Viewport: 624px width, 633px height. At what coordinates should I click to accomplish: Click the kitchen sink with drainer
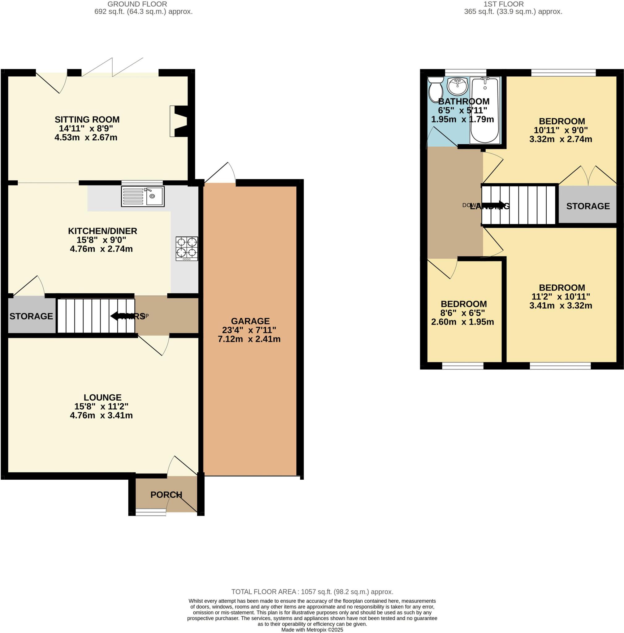pyautogui.click(x=143, y=196)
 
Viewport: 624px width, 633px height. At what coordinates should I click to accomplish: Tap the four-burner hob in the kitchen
pyautogui.click(x=187, y=249)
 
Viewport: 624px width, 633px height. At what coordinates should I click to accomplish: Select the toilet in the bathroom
pyautogui.click(x=435, y=89)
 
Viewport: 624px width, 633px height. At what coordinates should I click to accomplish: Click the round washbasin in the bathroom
pyautogui.click(x=458, y=86)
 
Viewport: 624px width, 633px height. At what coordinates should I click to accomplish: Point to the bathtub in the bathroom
pyautogui.click(x=485, y=110)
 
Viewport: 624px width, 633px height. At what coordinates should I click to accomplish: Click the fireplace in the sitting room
pyautogui.click(x=179, y=121)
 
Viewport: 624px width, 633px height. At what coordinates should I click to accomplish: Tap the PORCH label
pyautogui.click(x=166, y=495)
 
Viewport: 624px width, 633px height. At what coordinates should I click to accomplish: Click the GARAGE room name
pyautogui.click(x=250, y=321)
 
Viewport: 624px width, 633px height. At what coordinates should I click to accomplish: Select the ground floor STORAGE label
pyautogui.click(x=31, y=316)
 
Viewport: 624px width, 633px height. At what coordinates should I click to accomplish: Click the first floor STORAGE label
pyautogui.click(x=588, y=206)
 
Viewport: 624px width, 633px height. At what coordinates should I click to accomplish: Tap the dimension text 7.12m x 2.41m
pyautogui.click(x=249, y=339)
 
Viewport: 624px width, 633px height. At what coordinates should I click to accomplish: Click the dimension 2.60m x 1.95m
pyautogui.click(x=463, y=321)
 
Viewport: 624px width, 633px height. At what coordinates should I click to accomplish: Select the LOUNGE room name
pyautogui.click(x=103, y=397)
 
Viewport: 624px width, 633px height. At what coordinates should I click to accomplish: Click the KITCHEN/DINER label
pyautogui.click(x=103, y=231)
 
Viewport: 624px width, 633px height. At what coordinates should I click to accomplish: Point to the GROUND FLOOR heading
pyautogui.click(x=137, y=4)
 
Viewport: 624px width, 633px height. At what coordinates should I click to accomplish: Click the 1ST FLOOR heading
pyautogui.click(x=503, y=4)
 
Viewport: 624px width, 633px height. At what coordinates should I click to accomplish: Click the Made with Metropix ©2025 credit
pyautogui.click(x=312, y=629)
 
